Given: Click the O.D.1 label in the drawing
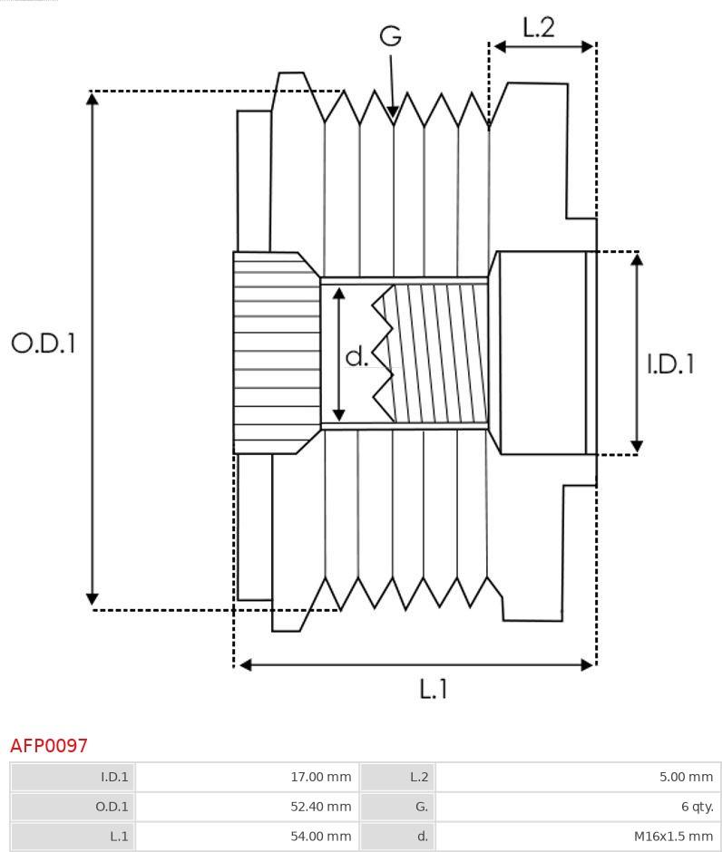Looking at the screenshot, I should pos(44,343).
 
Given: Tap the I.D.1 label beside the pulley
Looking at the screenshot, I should pos(670,363).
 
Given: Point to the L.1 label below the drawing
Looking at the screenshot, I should pos(434,689).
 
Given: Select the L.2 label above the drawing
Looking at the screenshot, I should pos(538,27).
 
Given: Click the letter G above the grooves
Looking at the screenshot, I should pos(390,35).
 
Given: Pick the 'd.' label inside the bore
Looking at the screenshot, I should pos(357,356).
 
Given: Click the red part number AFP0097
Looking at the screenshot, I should pos(49,745).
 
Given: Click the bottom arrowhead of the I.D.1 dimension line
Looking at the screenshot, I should pos(637,446).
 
